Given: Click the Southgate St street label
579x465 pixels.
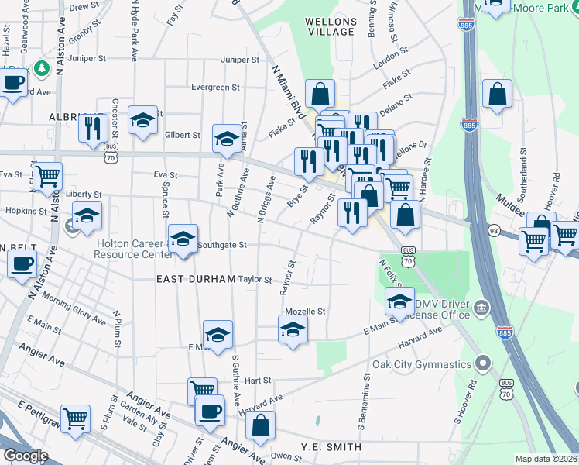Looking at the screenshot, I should pos(221,245).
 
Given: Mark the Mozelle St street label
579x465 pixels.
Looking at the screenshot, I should pos(305,312).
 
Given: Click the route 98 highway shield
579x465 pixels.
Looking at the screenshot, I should pos(493,230).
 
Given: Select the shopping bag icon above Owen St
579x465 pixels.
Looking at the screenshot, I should pos(261,424).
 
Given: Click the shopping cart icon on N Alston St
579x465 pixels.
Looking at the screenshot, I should pos(48,176).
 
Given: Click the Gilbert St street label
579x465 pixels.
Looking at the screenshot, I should pos(182,135).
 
